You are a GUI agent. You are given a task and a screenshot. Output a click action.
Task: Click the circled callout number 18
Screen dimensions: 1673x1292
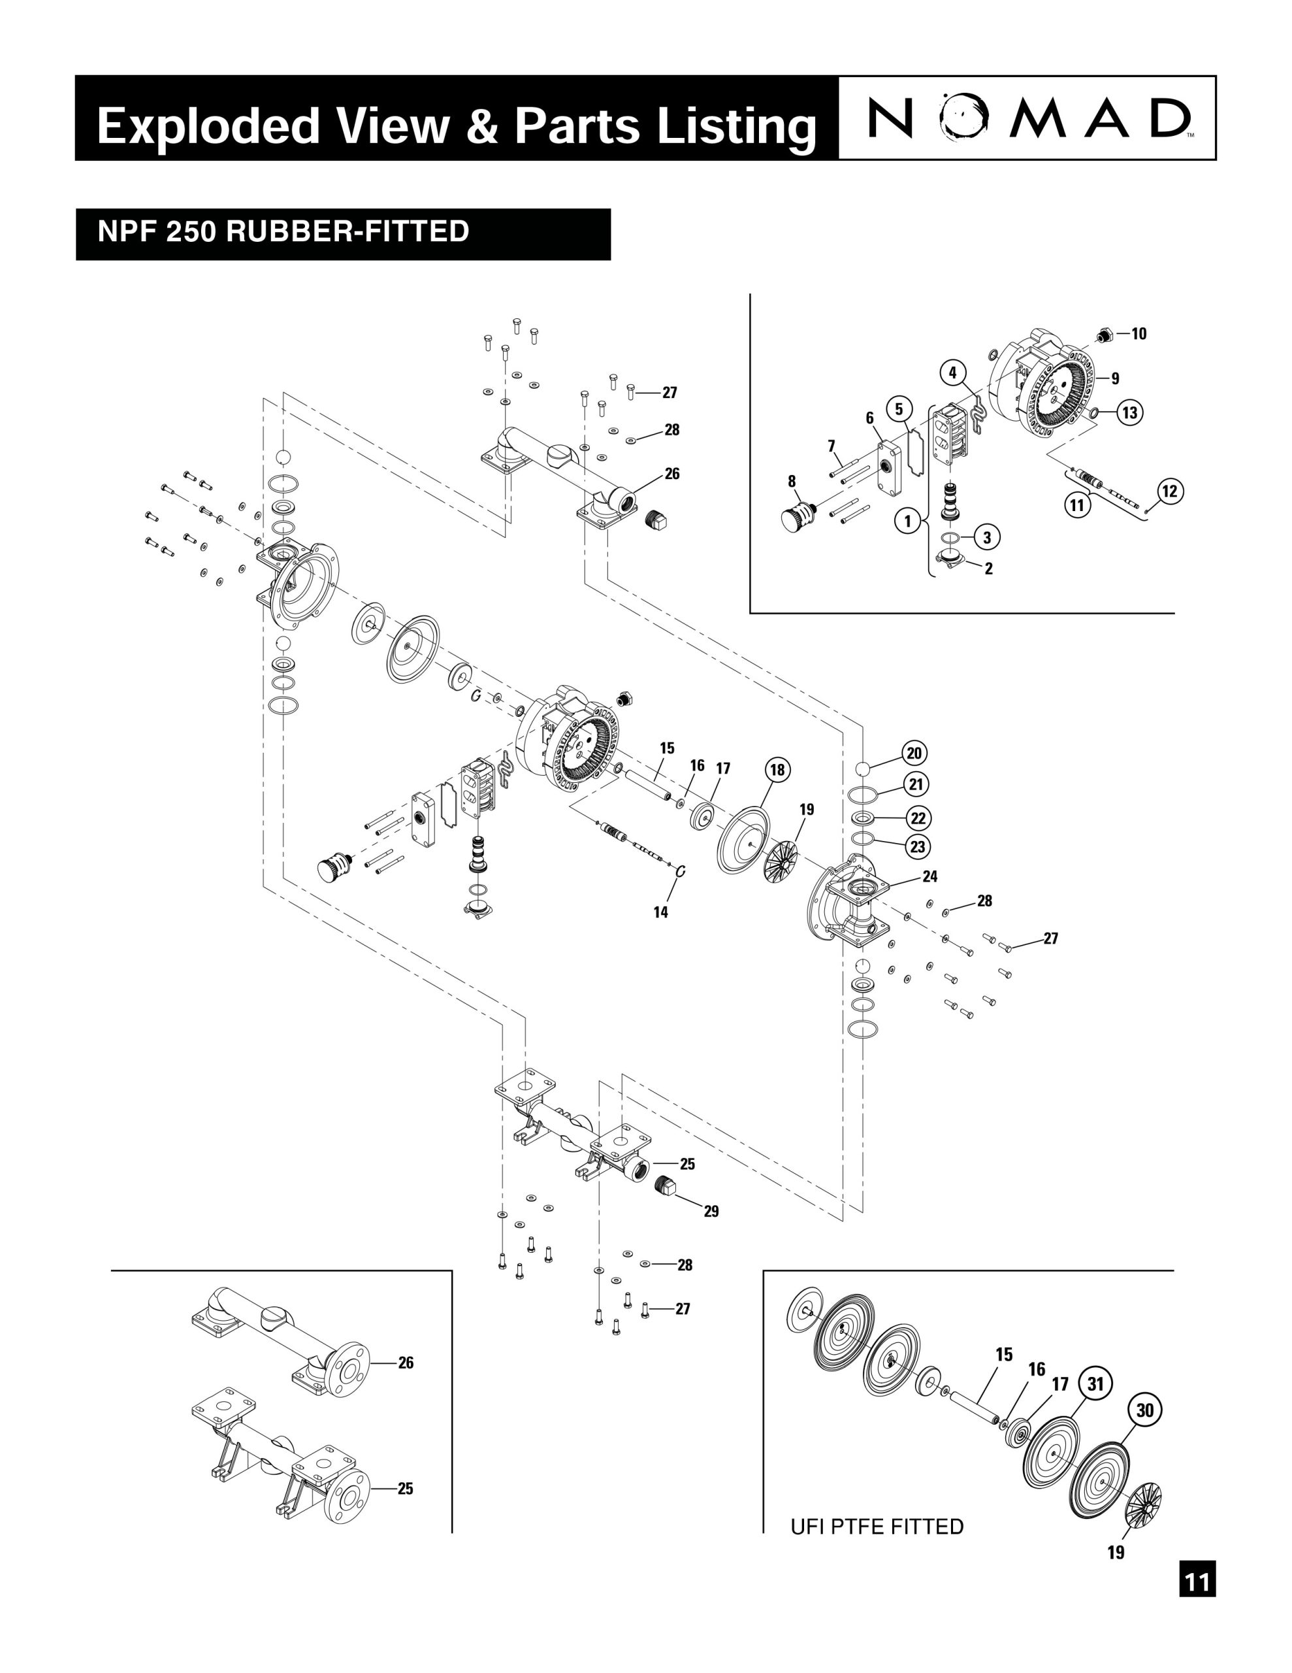click(x=777, y=770)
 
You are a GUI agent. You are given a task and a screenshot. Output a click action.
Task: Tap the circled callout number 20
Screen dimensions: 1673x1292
click(x=914, y=753)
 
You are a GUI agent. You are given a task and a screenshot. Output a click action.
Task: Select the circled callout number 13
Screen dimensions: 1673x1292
click(x=1129, y=412)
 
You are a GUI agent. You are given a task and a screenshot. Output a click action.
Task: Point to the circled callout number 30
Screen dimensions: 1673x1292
click(x=1144, y=1410)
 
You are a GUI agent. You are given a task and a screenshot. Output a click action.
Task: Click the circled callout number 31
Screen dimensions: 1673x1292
click(x=1095, y=1383)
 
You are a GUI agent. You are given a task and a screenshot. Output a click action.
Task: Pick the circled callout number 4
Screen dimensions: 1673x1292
click(x=953, y=373)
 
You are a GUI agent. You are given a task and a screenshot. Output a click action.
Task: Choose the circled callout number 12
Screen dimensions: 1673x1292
click(x=1169, y=490)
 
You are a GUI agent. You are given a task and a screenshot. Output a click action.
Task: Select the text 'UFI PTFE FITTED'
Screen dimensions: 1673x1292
click(x=877, y=1527)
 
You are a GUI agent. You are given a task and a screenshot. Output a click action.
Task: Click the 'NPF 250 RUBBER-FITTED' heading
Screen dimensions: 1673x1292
click(x=283, y=231)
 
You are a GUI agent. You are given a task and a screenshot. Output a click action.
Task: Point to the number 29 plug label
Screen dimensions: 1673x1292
click(x=711, y=1211)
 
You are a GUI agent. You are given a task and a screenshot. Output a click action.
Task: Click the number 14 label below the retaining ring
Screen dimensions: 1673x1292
click(x=660, y=912)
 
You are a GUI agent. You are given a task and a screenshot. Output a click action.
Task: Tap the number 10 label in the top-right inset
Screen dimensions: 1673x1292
click(x=1139, y=333)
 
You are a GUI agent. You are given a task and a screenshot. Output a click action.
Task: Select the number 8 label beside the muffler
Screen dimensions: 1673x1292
click(x=792, y=481)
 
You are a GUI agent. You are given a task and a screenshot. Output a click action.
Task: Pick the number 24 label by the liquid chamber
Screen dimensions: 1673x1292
click(x=929, y=876)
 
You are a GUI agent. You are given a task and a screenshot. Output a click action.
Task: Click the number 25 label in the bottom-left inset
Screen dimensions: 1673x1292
click(x=405, y=1489)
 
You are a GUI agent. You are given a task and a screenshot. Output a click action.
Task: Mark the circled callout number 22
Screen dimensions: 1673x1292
click(x=918, y=818)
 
